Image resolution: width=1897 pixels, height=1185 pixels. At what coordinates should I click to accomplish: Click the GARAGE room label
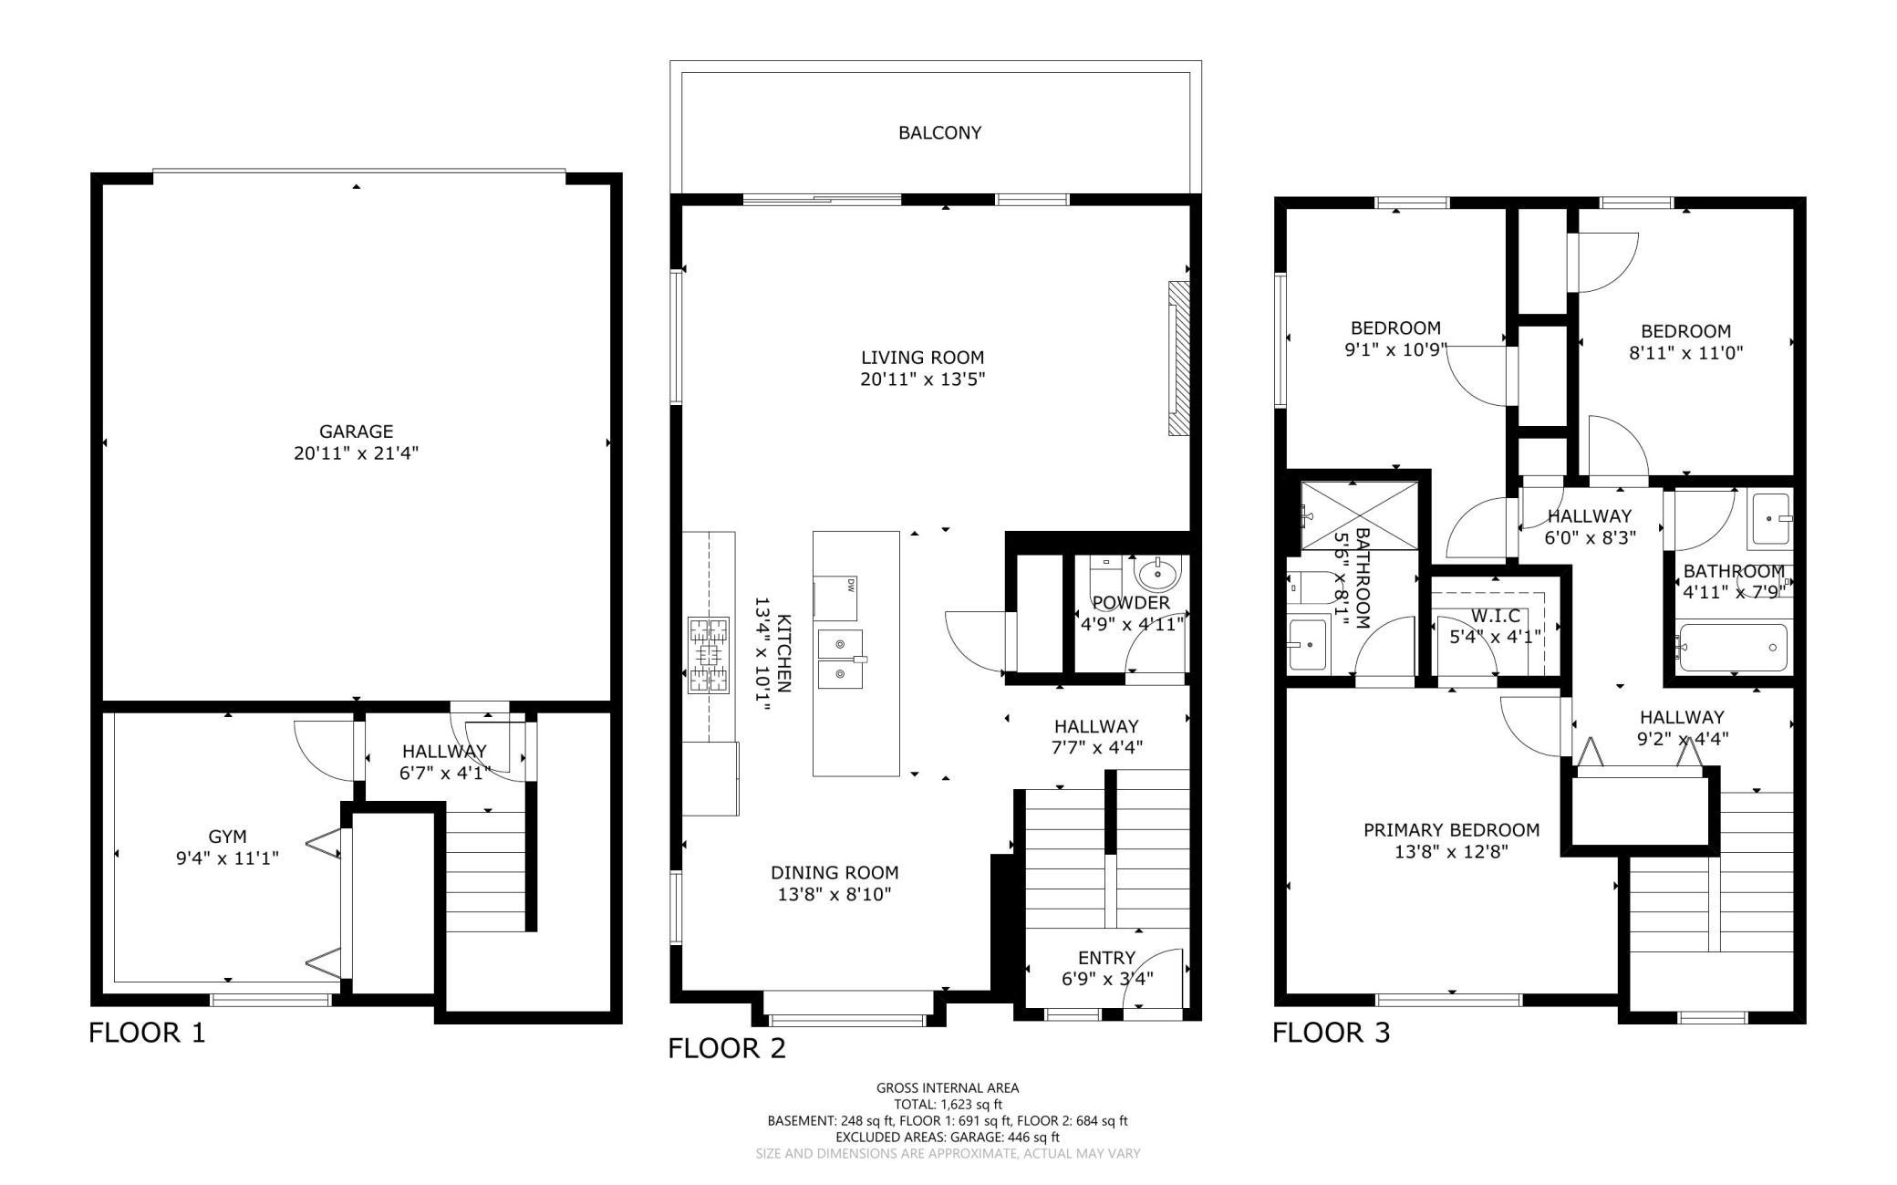coord(356,431)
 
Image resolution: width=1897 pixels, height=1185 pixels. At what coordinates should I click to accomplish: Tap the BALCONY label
coord(939,133)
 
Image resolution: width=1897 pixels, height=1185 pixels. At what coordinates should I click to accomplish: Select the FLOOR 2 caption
coord(727,1048)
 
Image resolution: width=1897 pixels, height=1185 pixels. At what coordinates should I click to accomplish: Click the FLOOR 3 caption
coord(1332,1033)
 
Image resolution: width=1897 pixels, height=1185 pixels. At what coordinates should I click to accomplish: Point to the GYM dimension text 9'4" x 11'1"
coord(227,858)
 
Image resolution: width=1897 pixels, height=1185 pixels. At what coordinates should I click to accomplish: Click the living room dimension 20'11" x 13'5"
coord(923,379)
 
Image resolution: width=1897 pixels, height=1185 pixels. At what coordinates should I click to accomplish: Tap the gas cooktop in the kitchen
coord(710,655)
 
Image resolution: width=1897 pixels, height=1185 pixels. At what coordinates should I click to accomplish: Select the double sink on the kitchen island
coord(839,659)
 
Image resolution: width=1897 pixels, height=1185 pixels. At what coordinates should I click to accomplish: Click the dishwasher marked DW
coord(835,598)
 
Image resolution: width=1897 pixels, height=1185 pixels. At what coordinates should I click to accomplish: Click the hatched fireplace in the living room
coord(1179,359)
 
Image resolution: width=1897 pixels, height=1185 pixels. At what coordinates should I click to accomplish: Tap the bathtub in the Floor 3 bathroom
coord(1733,647)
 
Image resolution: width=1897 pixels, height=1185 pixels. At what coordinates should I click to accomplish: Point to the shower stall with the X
coord(1360,515)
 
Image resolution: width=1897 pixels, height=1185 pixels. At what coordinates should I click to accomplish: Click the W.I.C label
coord(1496,615)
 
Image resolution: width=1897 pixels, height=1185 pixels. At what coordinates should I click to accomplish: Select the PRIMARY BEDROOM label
coord(1451,830)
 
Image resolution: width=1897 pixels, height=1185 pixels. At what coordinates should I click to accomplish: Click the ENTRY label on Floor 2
coord(1106,958)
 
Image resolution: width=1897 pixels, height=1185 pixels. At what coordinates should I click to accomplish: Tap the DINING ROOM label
coord(834,873)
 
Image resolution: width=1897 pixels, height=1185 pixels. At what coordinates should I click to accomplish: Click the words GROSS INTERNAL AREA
coord(948,1087)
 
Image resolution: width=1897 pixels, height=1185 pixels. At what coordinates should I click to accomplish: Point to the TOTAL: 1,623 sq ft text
coord(948,1104)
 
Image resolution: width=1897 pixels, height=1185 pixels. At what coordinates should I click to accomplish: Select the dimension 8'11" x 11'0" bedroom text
coord(1685,353)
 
